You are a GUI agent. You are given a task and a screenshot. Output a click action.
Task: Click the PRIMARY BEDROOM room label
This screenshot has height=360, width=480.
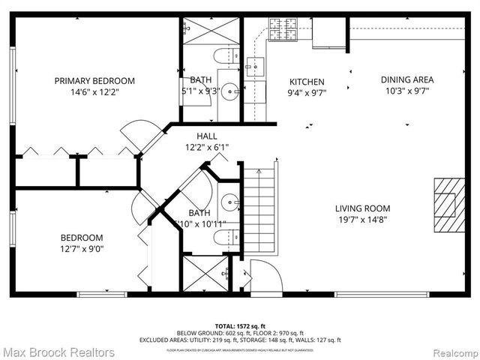coord(94,81)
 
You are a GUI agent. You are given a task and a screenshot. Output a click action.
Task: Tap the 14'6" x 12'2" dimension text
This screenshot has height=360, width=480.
coord(94,92)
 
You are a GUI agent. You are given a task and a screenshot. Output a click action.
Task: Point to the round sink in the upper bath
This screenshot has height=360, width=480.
coord(230,94)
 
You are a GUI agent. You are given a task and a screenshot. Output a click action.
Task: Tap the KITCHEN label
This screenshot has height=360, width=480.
coord(307,82)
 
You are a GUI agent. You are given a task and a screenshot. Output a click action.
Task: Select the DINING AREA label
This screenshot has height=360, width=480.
coord(406,79)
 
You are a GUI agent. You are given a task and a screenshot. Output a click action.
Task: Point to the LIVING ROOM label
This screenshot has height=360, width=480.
coord(362,209)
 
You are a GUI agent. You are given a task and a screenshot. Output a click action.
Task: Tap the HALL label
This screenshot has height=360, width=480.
coord(207,136)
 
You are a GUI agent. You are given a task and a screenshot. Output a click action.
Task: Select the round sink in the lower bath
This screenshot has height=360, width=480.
coord(229,203)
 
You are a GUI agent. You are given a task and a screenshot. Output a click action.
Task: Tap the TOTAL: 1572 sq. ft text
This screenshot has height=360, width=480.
coord(240,326)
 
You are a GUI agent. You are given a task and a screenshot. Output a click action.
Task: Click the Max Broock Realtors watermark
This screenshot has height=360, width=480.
coord(58,352)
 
